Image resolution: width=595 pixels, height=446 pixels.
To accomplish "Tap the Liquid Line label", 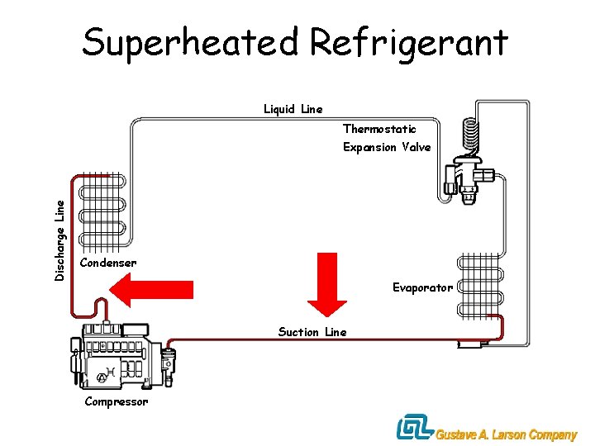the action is (x=293, y=109).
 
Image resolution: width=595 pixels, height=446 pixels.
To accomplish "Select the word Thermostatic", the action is (x=379, y=129).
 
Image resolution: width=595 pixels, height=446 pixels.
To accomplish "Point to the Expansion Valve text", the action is (x=387, y=147).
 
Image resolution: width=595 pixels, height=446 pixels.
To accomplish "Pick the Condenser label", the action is (x=108, y=263).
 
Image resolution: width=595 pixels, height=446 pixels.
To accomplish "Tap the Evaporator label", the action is (x=422, y=287).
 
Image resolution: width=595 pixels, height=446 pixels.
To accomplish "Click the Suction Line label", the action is (x=312, y=332).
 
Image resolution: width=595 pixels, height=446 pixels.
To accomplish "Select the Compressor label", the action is (x=117, y=401).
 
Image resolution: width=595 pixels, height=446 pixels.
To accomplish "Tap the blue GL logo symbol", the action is (x=415, y=428).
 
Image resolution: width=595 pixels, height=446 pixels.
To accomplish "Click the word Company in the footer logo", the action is (x=553, y=434).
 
